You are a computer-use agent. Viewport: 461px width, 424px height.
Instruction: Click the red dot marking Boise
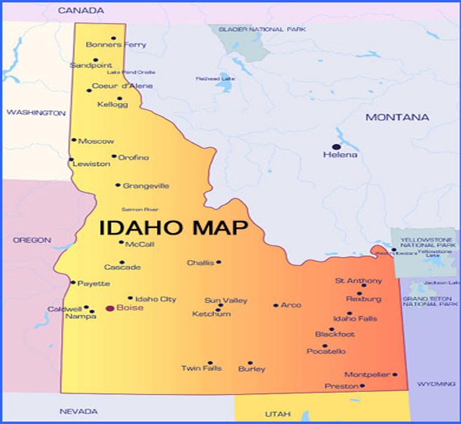tap(109, 308)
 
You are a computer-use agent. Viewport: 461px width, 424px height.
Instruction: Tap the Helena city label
tap(340, 155)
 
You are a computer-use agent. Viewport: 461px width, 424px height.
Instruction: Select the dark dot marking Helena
tap(336, 147)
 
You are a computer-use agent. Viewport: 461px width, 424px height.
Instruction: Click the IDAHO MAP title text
tap(173, 228)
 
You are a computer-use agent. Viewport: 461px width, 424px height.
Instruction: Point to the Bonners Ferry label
tap(116, 45)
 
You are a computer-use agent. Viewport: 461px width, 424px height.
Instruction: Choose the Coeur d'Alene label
tap(123, 86)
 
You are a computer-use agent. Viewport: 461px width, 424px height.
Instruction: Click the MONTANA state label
tap(398, 118)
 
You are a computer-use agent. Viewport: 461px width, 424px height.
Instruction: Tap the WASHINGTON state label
tap(36, 113)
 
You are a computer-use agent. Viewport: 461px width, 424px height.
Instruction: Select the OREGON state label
tap(32, 240)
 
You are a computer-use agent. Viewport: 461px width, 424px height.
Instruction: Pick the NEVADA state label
tap(78, 411)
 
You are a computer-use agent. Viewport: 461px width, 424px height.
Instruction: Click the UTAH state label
tap(278, 414)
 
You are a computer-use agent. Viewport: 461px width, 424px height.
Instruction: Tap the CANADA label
tap(81, 11)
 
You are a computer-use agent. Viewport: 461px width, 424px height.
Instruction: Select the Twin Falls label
tap(201, 368)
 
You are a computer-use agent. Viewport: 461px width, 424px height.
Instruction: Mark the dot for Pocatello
tap(325, 346)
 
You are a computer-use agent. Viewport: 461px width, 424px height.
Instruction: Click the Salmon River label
tap(140, 210)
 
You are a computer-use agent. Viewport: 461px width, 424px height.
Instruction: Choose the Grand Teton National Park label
tap(430, 301)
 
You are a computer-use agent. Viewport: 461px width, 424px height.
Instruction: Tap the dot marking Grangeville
tap(118, 185)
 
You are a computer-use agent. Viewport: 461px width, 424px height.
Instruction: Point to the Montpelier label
tap(367, 374)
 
